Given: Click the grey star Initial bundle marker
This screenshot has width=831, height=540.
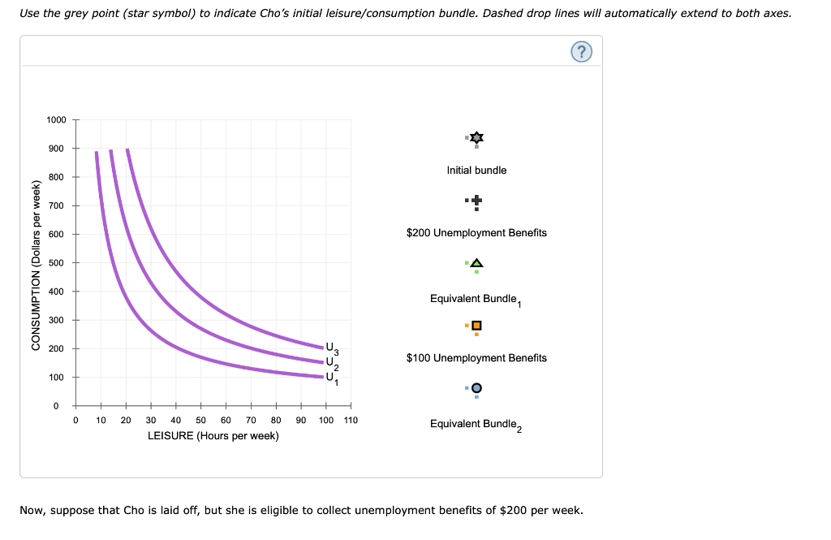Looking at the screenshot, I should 476,138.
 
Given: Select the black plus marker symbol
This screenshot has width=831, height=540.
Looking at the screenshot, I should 476,200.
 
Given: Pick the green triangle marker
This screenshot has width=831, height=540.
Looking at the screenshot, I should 476,263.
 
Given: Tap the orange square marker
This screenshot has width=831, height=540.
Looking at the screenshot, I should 476,326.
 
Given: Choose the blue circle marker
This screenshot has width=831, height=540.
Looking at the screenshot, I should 476,388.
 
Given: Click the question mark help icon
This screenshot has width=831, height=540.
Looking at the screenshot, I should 582,52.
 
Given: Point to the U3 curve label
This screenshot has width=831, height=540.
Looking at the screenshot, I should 330,348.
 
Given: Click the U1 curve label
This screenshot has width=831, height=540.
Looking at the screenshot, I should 330,378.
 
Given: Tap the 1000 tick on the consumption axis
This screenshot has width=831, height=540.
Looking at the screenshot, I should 56,120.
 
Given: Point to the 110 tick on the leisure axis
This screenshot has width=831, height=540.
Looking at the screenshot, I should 350,420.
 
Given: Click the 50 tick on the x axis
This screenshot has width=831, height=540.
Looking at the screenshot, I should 201,420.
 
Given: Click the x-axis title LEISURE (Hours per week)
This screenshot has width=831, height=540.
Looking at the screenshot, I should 213,436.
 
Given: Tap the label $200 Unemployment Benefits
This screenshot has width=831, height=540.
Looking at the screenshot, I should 476,233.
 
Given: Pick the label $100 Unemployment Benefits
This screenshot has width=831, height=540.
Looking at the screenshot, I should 476,358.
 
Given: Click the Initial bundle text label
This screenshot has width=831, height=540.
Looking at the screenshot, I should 476,171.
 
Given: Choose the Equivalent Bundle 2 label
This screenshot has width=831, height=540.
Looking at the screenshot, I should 476,424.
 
